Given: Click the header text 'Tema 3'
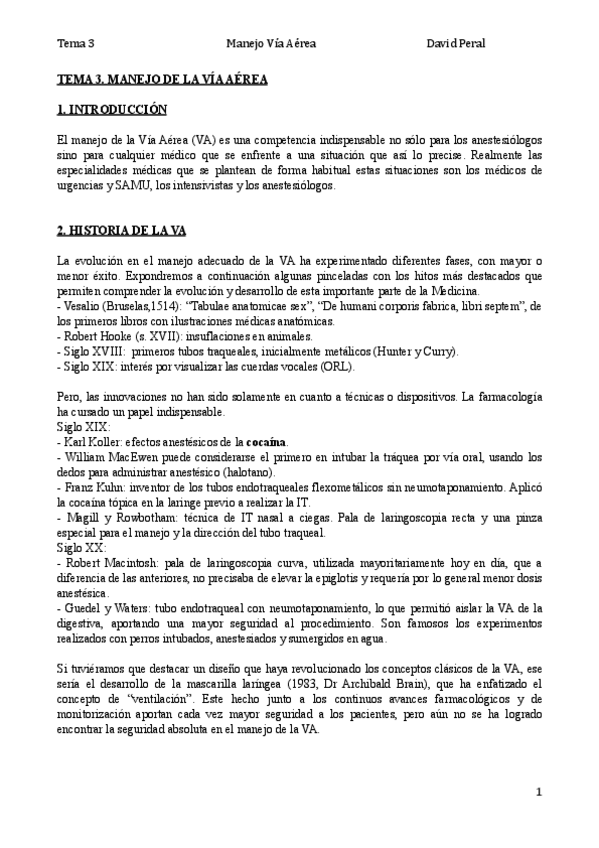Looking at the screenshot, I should click(x=75, y=45).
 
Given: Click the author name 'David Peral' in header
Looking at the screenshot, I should click(x=455, y=45).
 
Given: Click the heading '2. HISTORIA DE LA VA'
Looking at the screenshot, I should click(x=121, y=230).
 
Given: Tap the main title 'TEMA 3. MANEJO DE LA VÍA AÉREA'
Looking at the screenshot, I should click(x=162, y=77).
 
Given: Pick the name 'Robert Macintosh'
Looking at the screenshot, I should click(x=111, y=563).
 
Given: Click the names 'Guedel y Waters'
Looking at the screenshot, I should click(x=109, y=609).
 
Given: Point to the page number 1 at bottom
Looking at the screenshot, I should click(x=538, y=792).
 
